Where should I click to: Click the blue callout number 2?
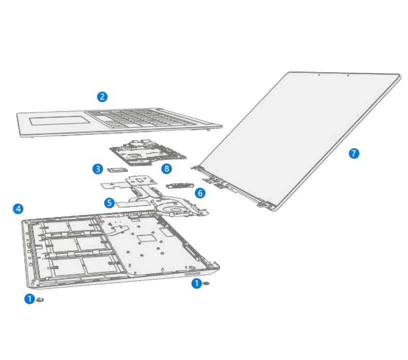click(x=102, y=96)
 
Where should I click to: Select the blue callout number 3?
click(x=98, y=169)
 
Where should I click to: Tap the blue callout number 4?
click(x=18, y=208)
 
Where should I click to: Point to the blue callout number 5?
click(x=109, y=203)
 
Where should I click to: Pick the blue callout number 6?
click(x=199, y=192)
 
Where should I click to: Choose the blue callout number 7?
click(x=354, y=153)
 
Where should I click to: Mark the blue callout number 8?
click(x=167, y=169)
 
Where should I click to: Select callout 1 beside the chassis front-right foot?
click(x=196, y=283)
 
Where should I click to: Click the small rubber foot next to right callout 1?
click(x=207, y=284)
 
